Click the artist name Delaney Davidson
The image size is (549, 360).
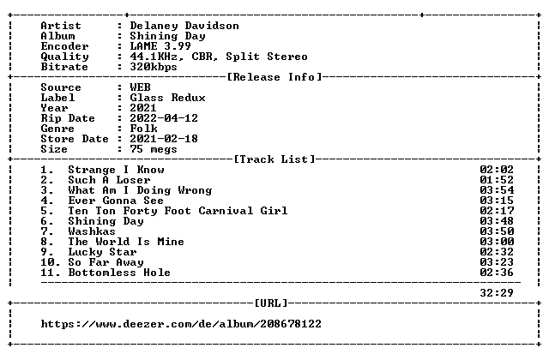click(184, 27)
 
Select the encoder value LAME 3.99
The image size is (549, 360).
click(160, 46)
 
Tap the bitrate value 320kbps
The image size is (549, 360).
click(154, 67)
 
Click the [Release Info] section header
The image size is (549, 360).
click(274, 77)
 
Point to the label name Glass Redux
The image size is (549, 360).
click(167, 98)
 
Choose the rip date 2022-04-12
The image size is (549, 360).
click(164, 118)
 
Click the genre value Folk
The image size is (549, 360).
click(143, 129)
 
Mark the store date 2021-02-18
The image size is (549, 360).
click(164, 139)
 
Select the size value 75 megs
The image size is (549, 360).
click(154, 149)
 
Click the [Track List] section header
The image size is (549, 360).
click(274, 159)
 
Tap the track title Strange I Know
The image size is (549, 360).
click(116, 170)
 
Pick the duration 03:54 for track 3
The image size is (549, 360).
click(497, 190)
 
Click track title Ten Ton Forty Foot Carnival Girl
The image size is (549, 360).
click(178, 211)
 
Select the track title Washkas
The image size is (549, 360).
click(92, 231)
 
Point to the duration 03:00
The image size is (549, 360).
click(497, 242)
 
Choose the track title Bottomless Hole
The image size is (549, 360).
click(119, 273)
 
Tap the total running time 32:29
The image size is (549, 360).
click(497, 293)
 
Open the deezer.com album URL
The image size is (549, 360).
click(181, 324)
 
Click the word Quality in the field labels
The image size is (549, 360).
click(64, 57)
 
